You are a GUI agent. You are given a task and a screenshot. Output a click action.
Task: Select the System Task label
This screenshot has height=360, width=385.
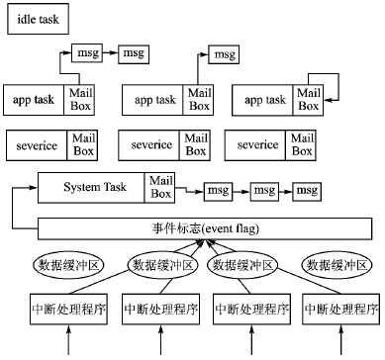90,187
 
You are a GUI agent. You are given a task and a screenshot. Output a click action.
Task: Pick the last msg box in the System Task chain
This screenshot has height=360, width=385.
309,189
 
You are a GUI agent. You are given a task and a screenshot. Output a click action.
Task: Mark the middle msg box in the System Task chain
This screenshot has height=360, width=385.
263,189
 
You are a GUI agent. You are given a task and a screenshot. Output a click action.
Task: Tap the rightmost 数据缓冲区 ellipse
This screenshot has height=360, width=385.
338,264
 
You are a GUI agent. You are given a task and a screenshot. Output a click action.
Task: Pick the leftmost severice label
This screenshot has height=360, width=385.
38,144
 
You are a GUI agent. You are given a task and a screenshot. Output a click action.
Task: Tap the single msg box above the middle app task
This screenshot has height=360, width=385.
225,53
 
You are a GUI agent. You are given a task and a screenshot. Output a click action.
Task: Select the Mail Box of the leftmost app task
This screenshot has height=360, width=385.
82,99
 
